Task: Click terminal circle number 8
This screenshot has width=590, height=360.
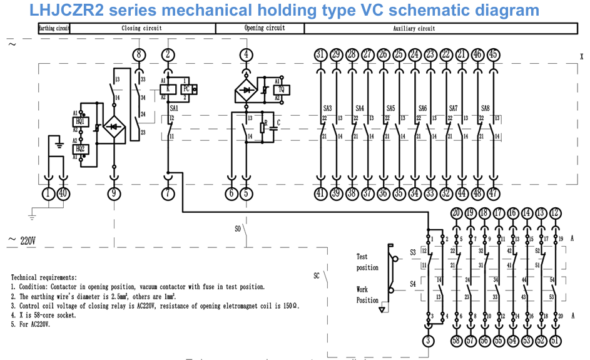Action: click(x=139, y=54)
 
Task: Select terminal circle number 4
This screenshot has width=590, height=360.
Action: click(x=247, y=54)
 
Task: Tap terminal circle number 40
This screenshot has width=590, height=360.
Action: click(x=63, y=194)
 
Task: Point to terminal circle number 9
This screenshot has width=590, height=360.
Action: click(x=114, y=194)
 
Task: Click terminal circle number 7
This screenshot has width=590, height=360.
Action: click(x=168, y=194)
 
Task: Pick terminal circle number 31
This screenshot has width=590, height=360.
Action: click(x=320, y=54)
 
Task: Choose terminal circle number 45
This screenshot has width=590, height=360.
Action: click(x=494, y=54)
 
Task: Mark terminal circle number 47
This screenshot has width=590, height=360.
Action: click(x=494, y=194)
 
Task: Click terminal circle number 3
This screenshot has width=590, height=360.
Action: click(x=428, y=341)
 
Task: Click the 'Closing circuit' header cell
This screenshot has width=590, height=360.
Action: click(x=141, y=28)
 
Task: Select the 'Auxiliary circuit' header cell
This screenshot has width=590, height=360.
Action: click(x=414, y=28)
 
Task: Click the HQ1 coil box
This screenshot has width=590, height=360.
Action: click(x=80, y=121)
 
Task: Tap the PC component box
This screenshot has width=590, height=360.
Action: click(x=186, y=89)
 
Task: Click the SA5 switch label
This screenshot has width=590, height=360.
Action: click(x=390, y=108)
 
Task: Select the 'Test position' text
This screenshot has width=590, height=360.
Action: click(x=367, y=262)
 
